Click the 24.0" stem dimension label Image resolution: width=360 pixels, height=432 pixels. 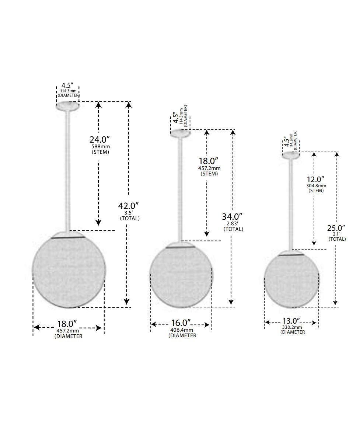pos(100,140)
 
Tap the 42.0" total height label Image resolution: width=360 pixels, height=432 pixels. pos(128,206)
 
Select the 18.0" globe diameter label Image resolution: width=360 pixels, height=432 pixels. pos(67,324)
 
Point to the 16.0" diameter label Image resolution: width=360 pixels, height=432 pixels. pos(181,323)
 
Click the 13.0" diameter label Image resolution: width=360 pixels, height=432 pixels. pos(291,321)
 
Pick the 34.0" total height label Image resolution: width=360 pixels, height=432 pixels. pos(232,216)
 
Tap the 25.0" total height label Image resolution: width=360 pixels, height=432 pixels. pos(336,228)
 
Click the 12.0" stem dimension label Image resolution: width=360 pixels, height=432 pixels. pos(316,180)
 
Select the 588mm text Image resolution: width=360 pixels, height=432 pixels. pos(101,147)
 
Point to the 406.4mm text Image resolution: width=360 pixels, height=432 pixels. pos(182,330)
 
